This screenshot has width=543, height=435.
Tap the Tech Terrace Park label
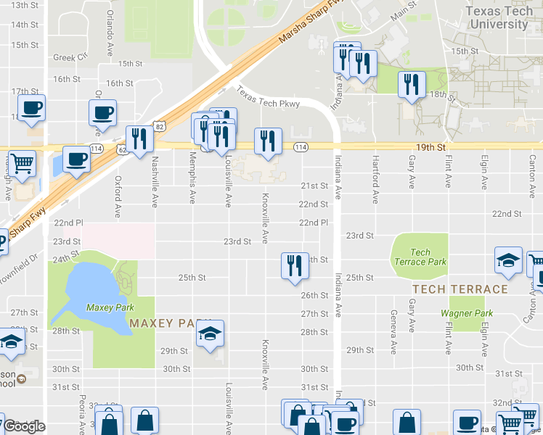pyautogui.click(x=420, y=257)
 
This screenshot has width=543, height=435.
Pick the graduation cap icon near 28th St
pyautogui.click(x=211, y=334)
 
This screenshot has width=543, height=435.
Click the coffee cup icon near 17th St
pyautogui.click(x=32, y=109)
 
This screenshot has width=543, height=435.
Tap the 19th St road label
pyautogui.click(x=431, y=146)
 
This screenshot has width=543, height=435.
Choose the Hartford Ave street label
pyautogui.click(x=375, y=179)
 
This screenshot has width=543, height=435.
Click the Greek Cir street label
pyautogui.click(x=70, y=57)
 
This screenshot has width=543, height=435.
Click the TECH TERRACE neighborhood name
pyautogui.click(x=460, y=289)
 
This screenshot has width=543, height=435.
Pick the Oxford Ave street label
pyautogui.click(x=118, y=196)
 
